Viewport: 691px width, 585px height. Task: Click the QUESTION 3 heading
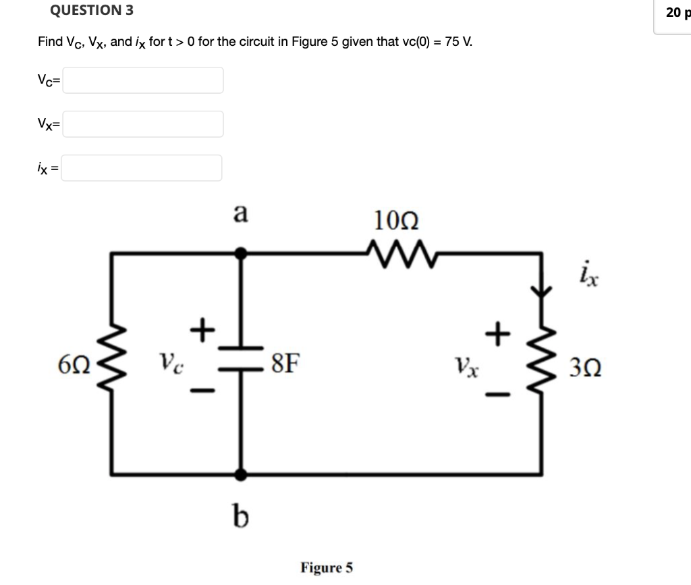91,10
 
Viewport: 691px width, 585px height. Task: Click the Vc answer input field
143,80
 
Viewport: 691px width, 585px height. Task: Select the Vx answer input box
143,124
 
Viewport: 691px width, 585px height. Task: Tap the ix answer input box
142,168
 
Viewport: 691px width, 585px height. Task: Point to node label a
240,213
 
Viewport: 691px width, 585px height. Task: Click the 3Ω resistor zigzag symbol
543,364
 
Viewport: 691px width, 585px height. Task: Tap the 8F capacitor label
284,365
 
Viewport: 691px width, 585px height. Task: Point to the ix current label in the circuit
586,276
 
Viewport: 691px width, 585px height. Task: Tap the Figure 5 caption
327,567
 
